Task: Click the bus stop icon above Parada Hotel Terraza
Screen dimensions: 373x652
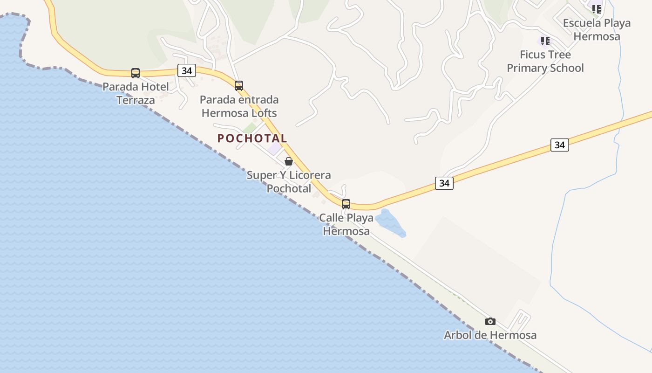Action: point(136,73)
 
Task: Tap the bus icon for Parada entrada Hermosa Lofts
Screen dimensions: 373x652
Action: point(239,86)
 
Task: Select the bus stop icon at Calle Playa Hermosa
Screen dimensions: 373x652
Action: point(346,204)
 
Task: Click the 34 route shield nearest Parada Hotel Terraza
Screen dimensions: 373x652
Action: point(187,71)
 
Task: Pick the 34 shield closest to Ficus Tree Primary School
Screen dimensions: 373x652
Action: point(559,145)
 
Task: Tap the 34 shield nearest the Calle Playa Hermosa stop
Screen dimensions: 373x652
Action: point(444,183)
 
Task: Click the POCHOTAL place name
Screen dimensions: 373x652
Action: point(252,138)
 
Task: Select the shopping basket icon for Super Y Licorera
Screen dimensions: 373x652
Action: point(289,162)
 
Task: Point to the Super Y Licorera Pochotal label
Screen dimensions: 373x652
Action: point(289,182)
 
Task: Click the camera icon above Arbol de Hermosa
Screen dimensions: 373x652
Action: point(490,321)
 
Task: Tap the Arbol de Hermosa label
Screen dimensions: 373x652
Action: point(490,335)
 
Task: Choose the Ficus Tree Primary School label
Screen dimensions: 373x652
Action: point(545,61)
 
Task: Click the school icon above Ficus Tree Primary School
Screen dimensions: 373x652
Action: point(545,41)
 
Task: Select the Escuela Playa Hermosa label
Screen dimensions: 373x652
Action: point(597,29)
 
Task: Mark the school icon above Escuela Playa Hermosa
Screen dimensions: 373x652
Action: point(597,8)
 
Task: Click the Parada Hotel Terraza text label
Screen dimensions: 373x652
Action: point(136,93)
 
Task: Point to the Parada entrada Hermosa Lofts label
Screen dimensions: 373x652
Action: point(239,106)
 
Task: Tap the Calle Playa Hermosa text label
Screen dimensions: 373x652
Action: point(346,224)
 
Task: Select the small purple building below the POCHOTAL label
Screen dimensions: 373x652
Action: point(275,149)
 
